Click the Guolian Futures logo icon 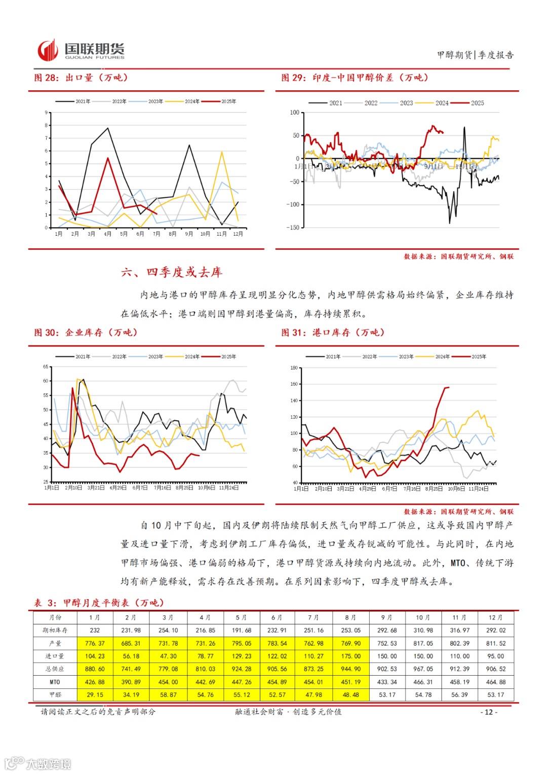pos(48,50)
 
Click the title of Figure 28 pos(81,78)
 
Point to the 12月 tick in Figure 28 pos(238,234)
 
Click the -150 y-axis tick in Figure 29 pos(294,228)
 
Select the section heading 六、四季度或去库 pos(172,272)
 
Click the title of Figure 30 pos(86,333)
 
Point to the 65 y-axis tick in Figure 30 pos(46,366)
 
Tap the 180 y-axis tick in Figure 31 pos(294,368)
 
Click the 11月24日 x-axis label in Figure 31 pos(479,489)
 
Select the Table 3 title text pos(99,603)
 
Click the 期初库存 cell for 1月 pos(95,631)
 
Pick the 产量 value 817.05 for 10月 pos(423,643)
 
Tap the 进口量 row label pos(55,656)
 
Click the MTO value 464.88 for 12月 pos(495,682)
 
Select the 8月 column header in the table pos(350,617)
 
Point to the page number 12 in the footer pos(489,712)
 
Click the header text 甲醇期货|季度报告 pos(475,55)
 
